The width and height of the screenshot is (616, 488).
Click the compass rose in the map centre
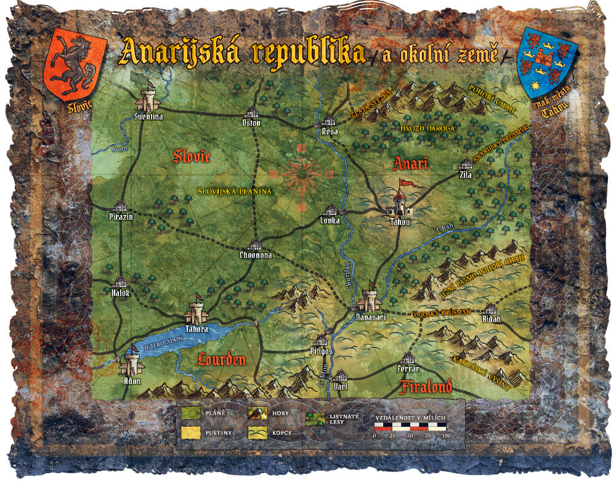point(302,175)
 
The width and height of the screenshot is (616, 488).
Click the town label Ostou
point(251,122)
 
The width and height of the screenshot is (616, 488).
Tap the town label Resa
point(331,131)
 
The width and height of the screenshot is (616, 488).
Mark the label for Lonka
point(331,221)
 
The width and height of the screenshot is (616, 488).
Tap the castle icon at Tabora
point(197,309)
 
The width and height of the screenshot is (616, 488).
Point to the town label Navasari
point(371,317)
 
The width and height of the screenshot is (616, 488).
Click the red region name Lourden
point(222,360)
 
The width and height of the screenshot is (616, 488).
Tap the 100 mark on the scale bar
point(446,436)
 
